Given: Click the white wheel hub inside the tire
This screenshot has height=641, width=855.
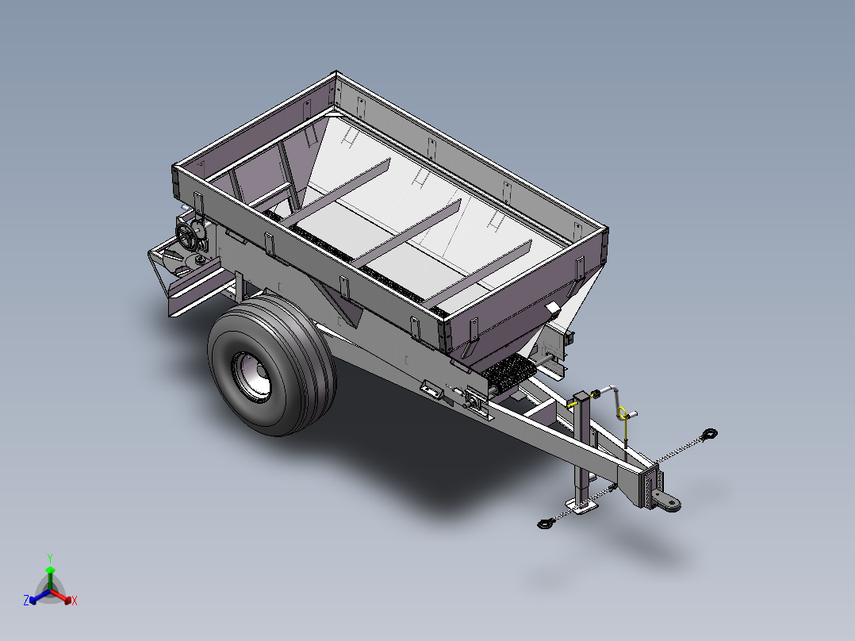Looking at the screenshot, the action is click(x=251, y=376).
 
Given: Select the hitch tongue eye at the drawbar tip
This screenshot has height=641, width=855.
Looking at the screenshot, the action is click(x=669, y=502).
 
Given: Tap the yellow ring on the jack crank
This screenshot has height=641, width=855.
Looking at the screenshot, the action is click(x=622, y=413).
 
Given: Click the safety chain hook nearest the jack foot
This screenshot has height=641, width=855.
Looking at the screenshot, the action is click(x=546, y=524).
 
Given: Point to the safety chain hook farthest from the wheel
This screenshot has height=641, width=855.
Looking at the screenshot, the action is click(x=710, y=434).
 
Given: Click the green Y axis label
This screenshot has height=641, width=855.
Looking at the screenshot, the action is click(x=50, y=558).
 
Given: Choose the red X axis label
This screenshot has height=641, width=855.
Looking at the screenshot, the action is click(x=75, y=601).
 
